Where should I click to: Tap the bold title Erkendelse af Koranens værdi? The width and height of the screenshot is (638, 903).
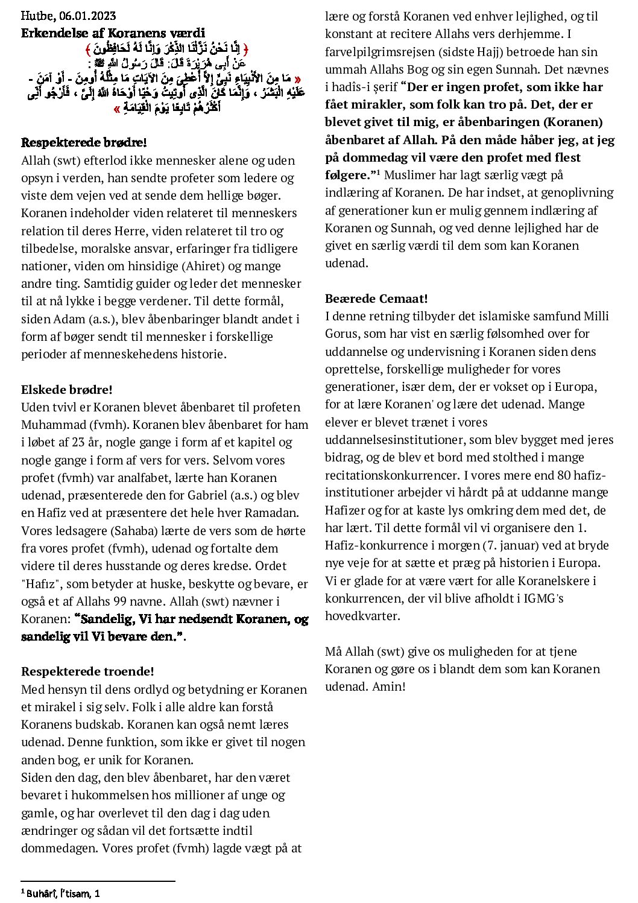click(x=113, y=33)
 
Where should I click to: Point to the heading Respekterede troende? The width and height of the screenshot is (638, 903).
click(x=87, y=671)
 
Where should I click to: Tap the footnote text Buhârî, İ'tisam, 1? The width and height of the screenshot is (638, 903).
click(x=63, y=892)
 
